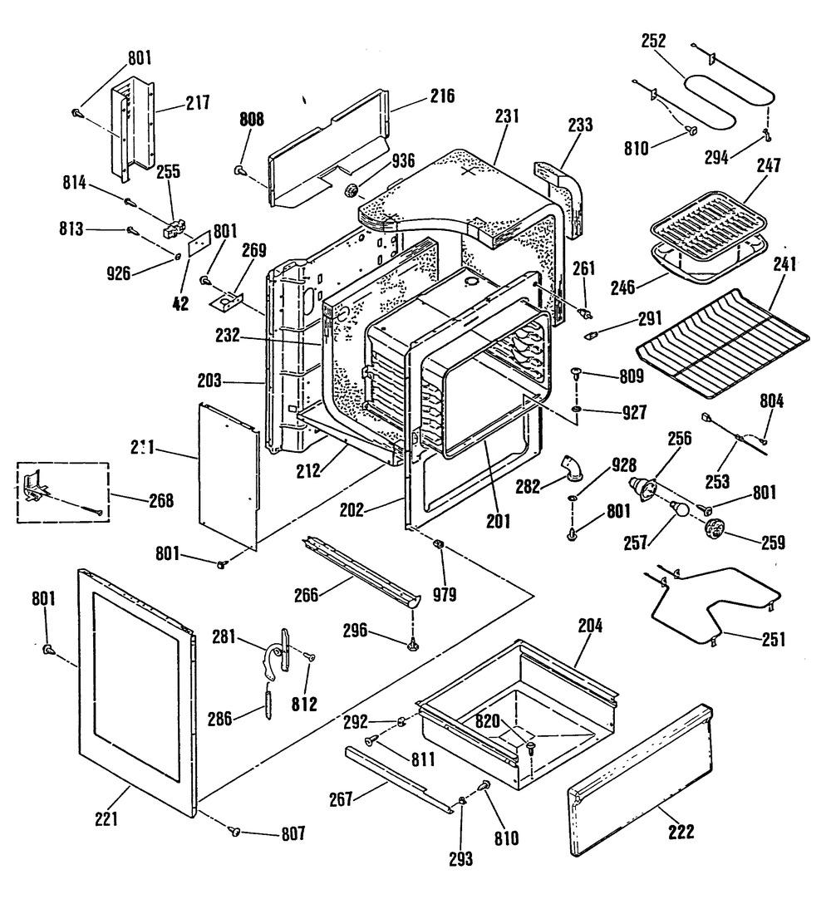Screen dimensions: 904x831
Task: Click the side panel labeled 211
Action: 228,474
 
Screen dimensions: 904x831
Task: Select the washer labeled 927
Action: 576,410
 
